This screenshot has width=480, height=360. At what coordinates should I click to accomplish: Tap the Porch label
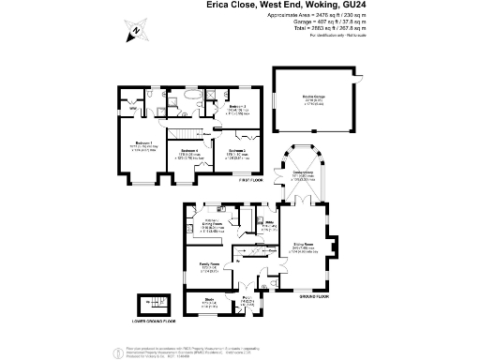pos(248,299)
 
